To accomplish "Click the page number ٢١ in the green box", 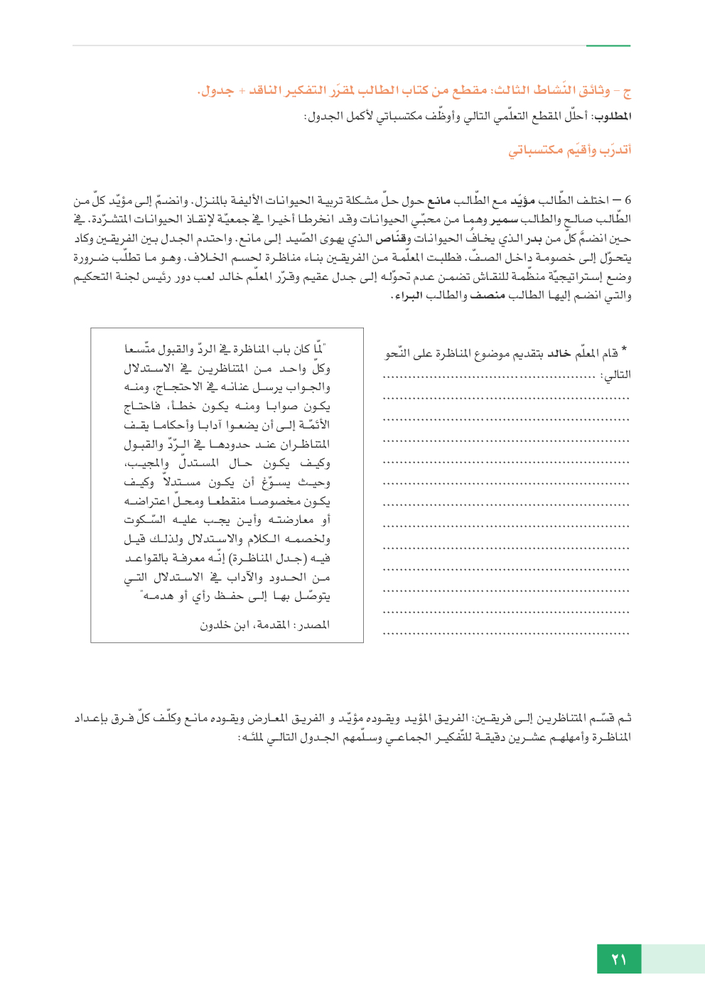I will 618,959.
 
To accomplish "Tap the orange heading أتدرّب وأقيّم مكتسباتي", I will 569,150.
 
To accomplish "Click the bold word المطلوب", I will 612,116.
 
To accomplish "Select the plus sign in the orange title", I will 242,91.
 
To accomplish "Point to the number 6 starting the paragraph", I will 628,200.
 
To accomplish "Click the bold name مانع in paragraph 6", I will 438,200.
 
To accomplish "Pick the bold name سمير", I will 504,220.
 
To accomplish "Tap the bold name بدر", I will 534,239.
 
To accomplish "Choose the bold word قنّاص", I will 390,239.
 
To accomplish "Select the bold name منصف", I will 488,296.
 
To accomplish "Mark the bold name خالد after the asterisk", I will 559,353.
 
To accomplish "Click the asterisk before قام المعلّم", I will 624,350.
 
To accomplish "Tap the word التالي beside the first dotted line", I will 616,374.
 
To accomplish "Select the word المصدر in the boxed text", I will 313,625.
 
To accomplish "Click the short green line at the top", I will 608,45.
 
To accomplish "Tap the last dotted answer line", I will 506,633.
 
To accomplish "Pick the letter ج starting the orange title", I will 626,92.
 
